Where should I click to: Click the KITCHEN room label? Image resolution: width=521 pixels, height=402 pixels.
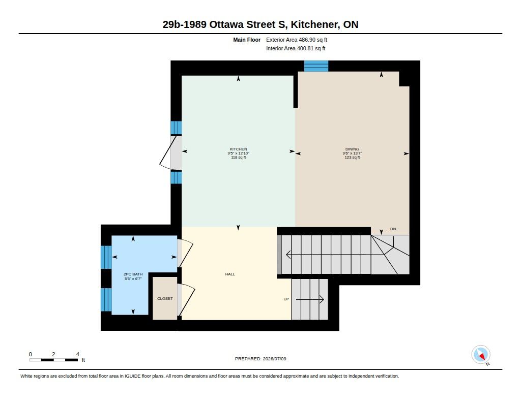(238, 149)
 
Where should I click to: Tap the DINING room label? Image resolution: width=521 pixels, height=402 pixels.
(352, 149)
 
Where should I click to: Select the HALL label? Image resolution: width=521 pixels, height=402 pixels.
(230, 274)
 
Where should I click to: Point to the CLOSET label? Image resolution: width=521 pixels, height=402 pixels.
(165, 298)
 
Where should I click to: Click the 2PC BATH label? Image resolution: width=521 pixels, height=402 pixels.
(133, 274)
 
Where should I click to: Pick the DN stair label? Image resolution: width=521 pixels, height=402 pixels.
(393, 229)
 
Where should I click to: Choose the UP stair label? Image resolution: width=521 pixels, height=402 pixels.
(286, 299)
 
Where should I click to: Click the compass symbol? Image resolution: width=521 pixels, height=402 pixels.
(481, 355)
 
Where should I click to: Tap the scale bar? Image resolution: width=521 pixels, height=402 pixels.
(54, 360)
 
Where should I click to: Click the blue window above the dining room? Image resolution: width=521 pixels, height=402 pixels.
(316, 66)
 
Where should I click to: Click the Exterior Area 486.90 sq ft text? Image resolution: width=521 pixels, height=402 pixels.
(297, 40)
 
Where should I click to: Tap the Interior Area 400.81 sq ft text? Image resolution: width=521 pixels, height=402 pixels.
(296, 48)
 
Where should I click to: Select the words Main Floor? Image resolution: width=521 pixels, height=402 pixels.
(247, 40)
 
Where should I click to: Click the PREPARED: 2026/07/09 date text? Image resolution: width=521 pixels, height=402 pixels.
(260, 359)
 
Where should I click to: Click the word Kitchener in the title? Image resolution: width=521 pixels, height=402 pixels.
(315, 24)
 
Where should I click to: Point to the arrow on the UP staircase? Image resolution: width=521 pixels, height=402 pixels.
(310, 299)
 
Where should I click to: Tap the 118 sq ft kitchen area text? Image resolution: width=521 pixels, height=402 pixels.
(238, 158)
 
